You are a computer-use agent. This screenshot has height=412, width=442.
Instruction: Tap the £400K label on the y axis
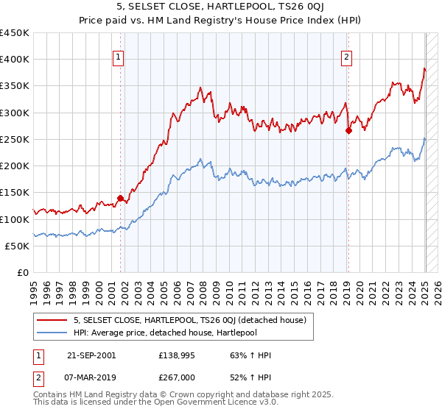tap(15, 60)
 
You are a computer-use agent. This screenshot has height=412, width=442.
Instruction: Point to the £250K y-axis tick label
tap(15, 139)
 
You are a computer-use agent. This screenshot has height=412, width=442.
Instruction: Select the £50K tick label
tap(18, 246)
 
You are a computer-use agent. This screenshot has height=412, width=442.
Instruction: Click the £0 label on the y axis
tap(24, 272)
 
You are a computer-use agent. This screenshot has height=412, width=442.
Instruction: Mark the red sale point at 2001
tap(120, 198)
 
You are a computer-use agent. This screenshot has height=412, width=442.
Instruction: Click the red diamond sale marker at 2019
tap(348, 130)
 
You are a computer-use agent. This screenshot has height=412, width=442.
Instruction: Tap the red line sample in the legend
tap(52, 320)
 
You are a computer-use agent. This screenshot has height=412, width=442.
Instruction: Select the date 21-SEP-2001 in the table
tap(91, 355)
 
